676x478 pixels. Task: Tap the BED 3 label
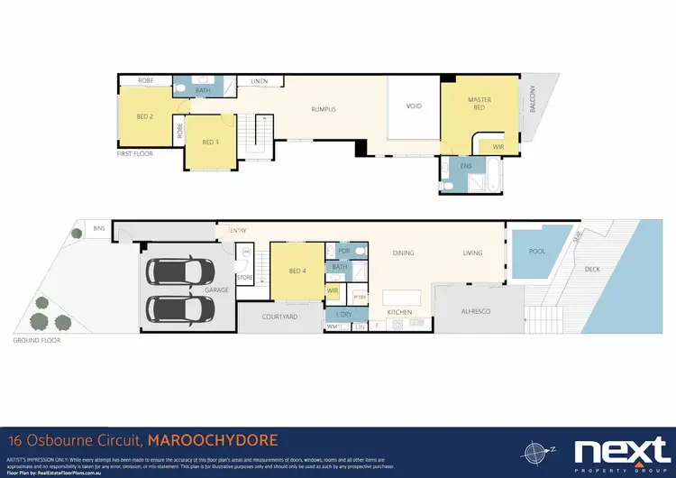pos(211,142)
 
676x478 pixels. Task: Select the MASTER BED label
pos(478,104)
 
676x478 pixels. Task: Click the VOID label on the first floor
pos(414,106)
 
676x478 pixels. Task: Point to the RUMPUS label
pos(324,109)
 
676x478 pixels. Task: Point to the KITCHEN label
pos(399,312)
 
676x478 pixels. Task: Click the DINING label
pos(403,253)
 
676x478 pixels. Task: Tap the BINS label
pos(98,229)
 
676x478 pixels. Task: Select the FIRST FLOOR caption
pos(136,154)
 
